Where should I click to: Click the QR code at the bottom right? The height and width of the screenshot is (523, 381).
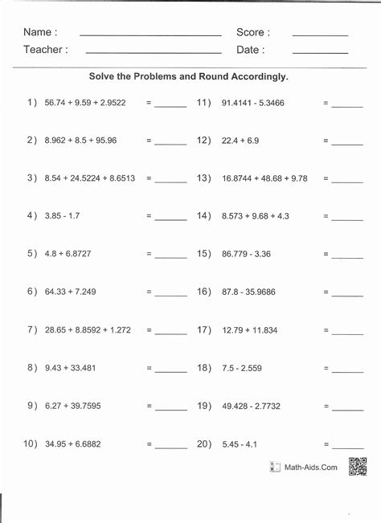[x=358, y=466]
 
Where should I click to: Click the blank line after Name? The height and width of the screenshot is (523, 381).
[x=150, y=35]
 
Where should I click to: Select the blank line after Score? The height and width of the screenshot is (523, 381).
[x=320, y=35]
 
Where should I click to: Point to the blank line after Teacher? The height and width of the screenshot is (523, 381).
[x=153, y=52]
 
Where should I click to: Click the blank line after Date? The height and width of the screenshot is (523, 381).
[x=320, y=52]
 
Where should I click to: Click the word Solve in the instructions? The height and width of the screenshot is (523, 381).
[x=104, y=78]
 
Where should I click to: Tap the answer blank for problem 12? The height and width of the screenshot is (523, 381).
[x=347, y=145]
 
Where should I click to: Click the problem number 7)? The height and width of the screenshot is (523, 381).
[x=32, y=329]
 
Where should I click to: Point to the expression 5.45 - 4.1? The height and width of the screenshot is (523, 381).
[x=240, y=443]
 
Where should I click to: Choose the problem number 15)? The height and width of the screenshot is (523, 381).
[x=203, y=254]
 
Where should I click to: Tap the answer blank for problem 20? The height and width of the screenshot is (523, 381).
[x=347, y=447]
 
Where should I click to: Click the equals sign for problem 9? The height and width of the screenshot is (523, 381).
[x=150, y=406]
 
